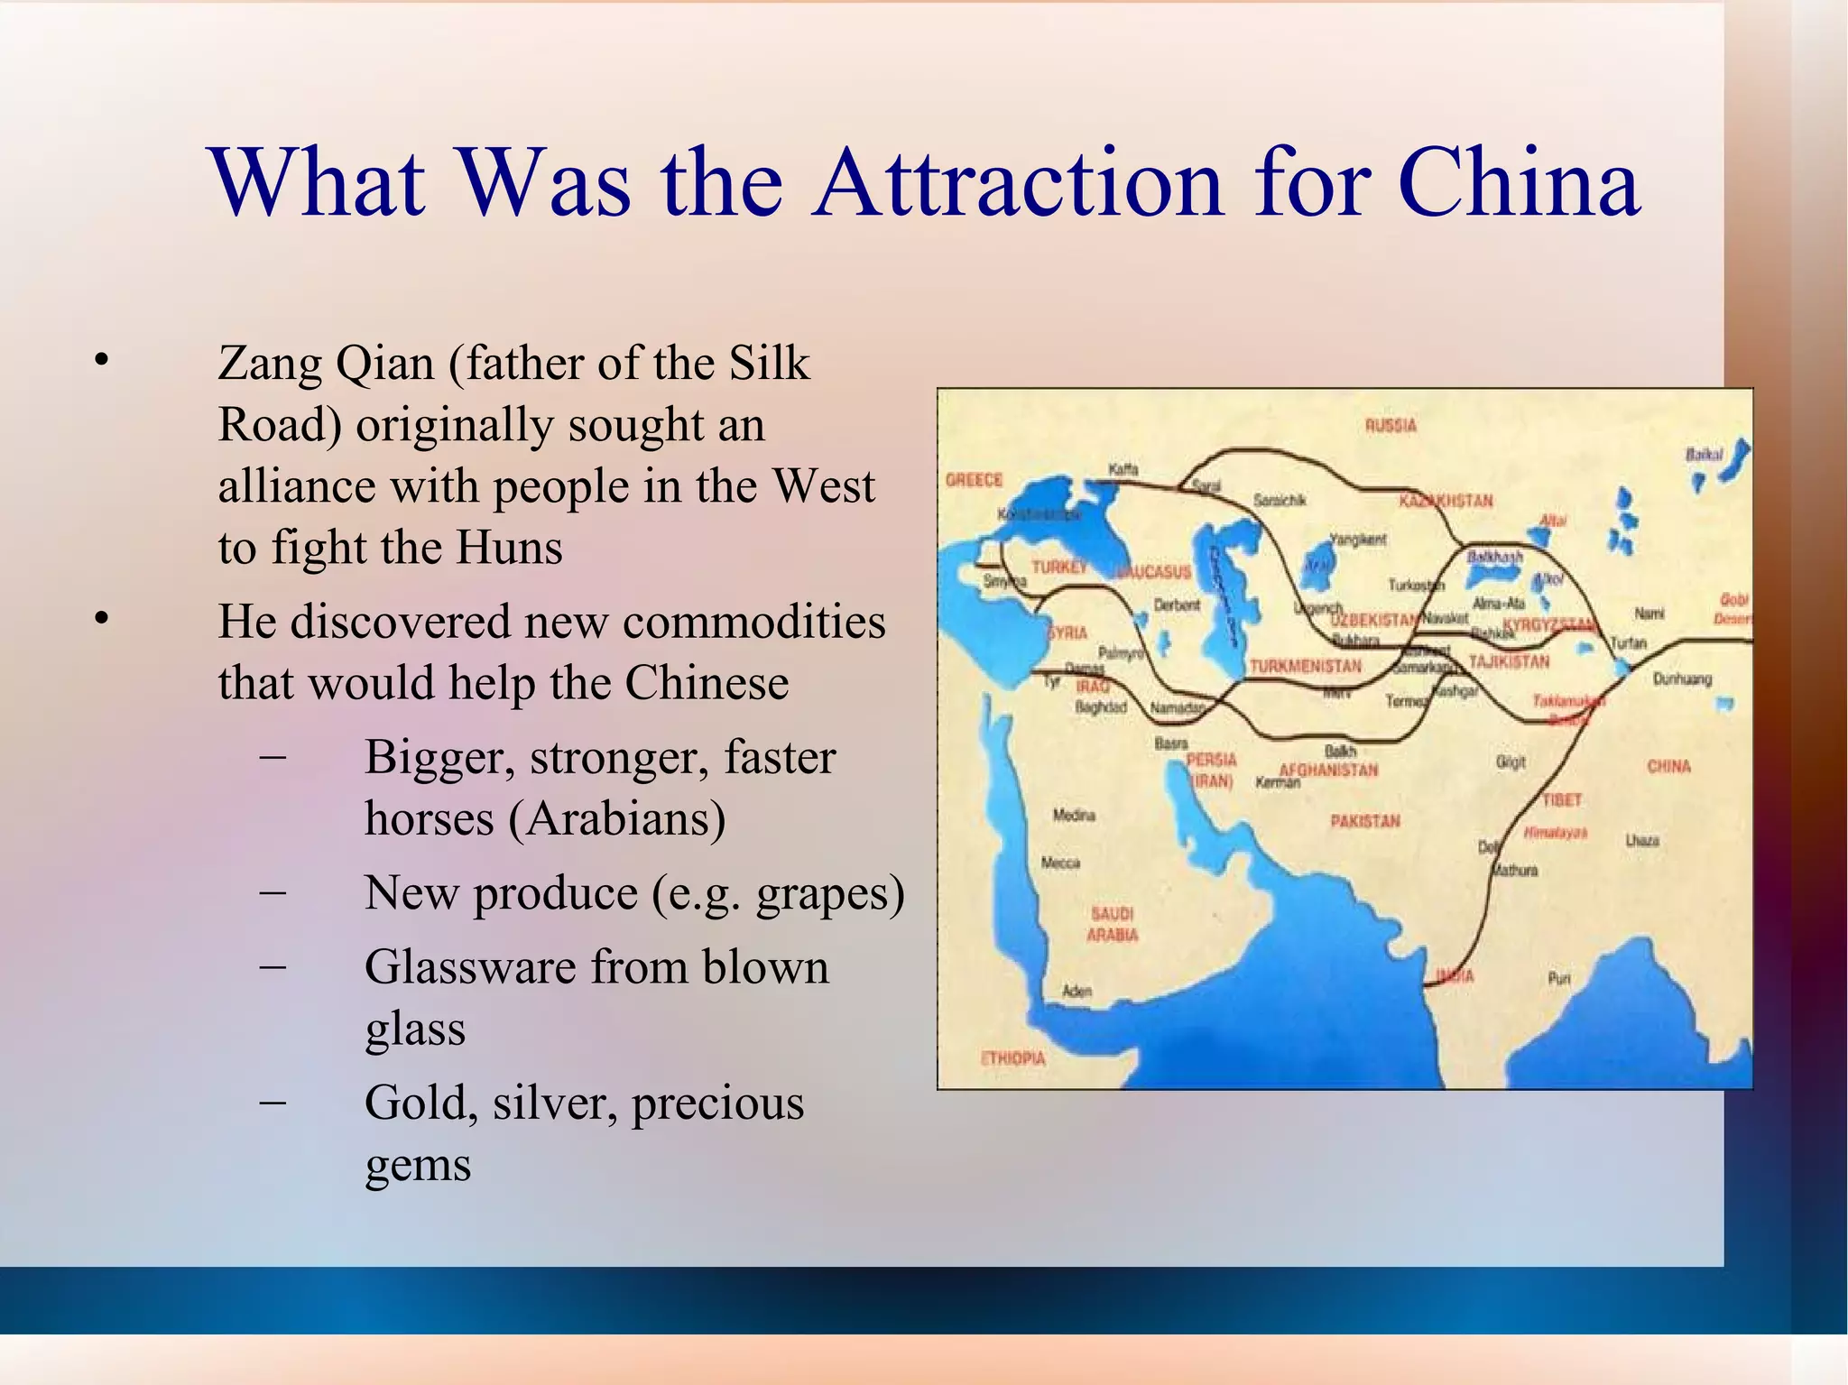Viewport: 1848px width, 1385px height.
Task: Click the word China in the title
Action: [x=1519, y=183]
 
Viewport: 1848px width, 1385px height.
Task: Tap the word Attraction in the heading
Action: [x=1017, y=183]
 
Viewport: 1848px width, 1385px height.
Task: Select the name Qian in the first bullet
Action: [x=384, y=365]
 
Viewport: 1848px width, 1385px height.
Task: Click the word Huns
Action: [x=509, y=549]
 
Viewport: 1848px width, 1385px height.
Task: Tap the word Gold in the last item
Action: [x=420, y=1103]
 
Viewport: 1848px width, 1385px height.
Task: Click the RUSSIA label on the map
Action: [x=1391, y=425]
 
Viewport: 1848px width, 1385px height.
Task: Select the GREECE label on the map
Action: [x=974, y=480]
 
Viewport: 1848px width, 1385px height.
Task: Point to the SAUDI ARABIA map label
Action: [x=1112, y=925]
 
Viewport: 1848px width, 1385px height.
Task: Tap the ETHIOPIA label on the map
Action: [x=1012, y=1058]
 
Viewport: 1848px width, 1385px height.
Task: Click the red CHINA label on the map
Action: [x=1668, y=766]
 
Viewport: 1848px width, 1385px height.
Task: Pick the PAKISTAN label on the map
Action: [x=1365, y=821]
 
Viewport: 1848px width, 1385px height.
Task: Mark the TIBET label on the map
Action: [x=1562, y=800]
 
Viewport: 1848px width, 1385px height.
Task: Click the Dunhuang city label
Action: [x=1682, y=679]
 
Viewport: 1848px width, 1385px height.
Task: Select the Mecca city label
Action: [x=1060, y=863]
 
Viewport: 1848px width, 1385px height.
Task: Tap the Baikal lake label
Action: [x=1704, y=455]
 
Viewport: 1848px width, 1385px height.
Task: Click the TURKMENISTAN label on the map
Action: [x=1305, y=666]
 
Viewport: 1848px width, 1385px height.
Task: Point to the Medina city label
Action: [x=1074, y=816]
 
